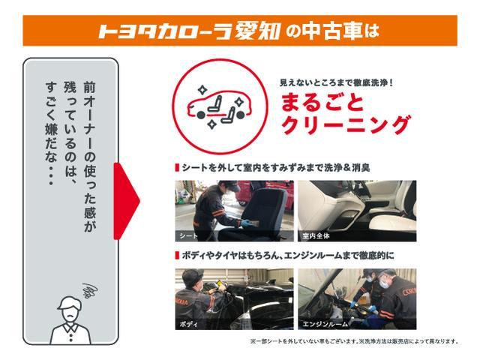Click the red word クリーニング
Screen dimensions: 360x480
coord(346,124)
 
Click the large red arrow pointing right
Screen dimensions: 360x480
coord(126,200)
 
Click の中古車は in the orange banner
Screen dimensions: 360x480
coord(332,31)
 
